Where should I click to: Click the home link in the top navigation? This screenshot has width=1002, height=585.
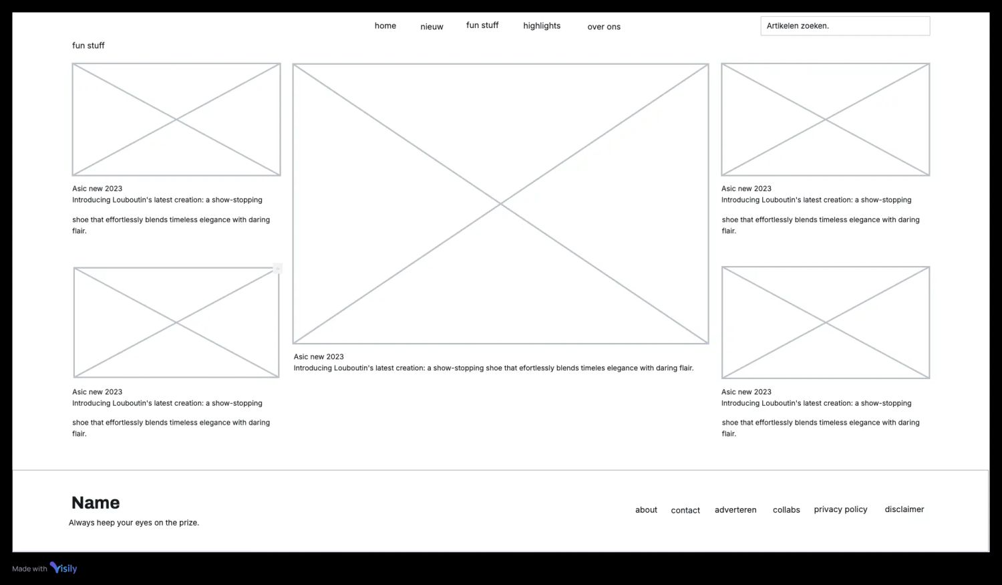pos(385,25)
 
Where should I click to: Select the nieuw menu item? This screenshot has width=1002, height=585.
pos(432,26)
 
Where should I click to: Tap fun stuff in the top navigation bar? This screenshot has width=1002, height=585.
pos(482,25)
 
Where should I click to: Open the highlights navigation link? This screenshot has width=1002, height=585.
pos(542,25)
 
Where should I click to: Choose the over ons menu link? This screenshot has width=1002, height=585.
pos(604,26)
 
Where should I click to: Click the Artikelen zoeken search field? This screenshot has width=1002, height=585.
pos(845,26)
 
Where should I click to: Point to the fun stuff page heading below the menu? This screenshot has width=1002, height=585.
pos(88,45)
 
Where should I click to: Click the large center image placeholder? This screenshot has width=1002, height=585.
pos(500,204)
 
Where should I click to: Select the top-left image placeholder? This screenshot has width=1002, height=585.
pos(176,120)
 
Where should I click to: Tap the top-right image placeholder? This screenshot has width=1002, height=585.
pos(825,120)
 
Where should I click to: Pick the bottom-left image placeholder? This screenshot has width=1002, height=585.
pos(176,322)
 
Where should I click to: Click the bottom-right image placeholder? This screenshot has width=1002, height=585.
pos(825,322)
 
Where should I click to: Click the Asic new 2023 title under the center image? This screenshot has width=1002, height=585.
pos(319,357)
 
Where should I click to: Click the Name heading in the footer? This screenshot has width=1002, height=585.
pos(96,503)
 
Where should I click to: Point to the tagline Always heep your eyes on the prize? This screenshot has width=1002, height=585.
pos(134,522)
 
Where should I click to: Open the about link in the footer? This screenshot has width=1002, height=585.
pos(646,510)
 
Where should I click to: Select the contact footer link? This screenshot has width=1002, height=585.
pos(685,510)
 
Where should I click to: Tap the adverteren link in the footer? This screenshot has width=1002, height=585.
pos(735,510)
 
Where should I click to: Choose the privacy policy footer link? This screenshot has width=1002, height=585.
pos(840,509)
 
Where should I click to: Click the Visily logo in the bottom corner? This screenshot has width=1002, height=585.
pos(63,568)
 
